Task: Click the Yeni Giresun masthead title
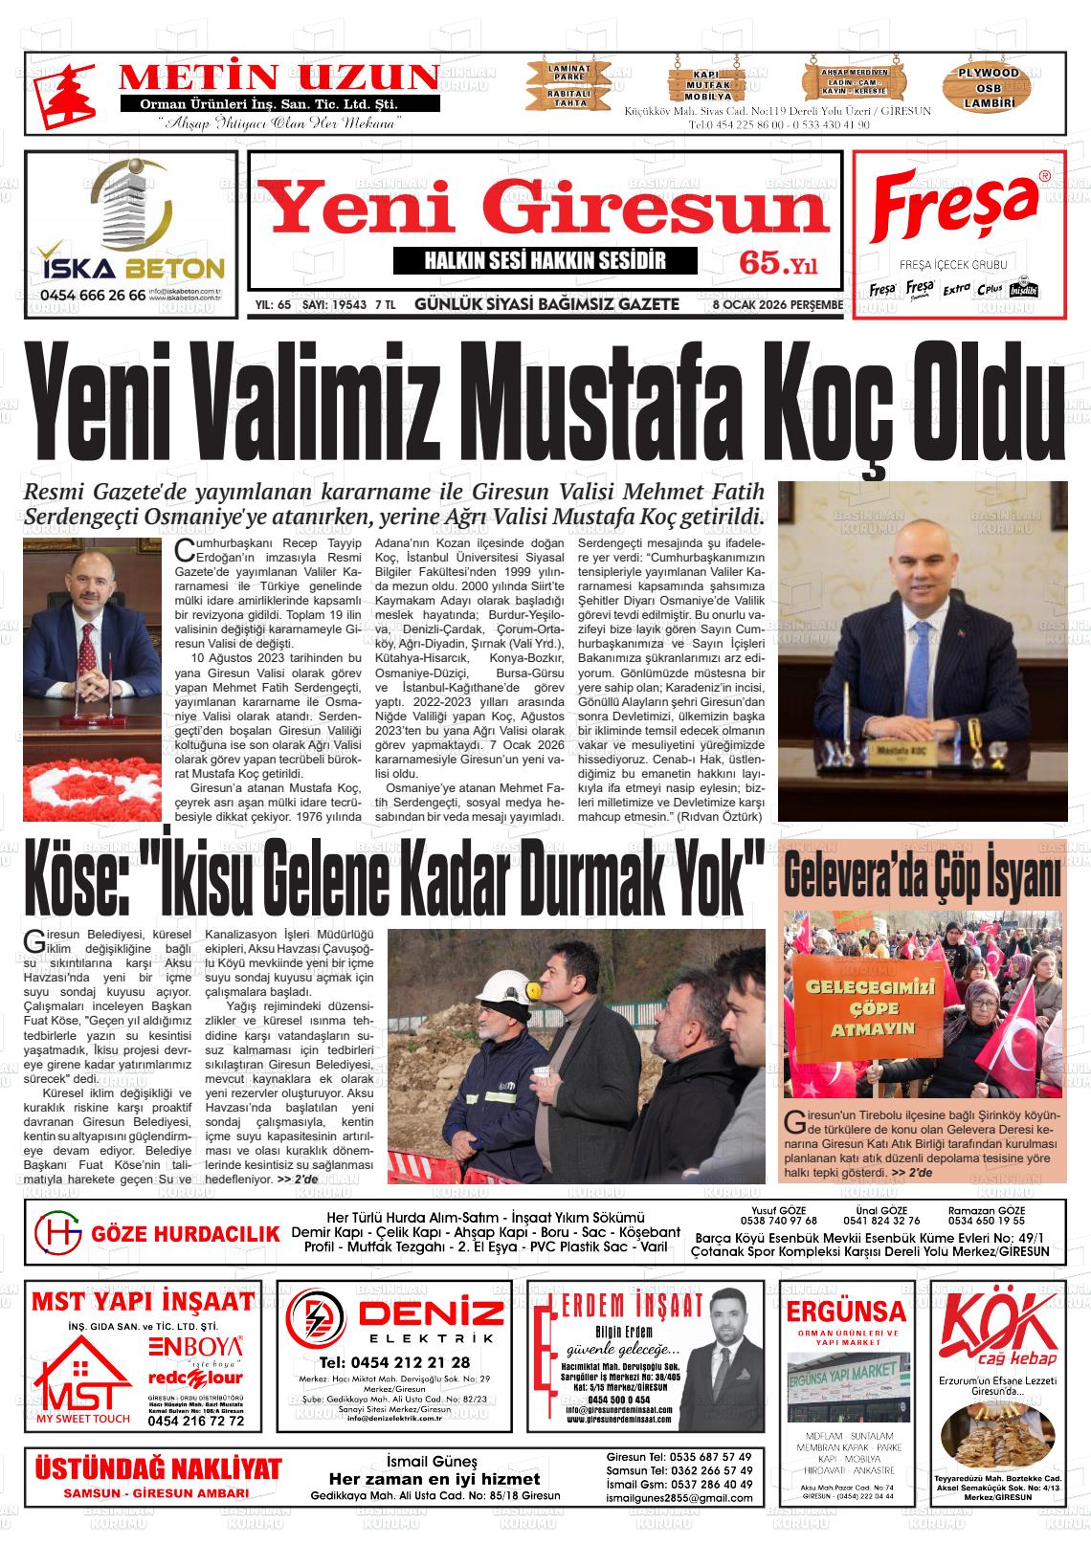coord(545,213)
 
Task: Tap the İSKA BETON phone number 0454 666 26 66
coord(93,296)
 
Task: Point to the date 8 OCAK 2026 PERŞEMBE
coord(777,305)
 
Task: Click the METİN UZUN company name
coord(278,77)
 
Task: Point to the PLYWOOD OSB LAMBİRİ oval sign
coord(990,87)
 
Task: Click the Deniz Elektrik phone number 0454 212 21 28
coord(395,1362)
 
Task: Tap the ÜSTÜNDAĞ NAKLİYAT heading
coord(158,1469)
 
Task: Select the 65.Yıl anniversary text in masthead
coord(777,265)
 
